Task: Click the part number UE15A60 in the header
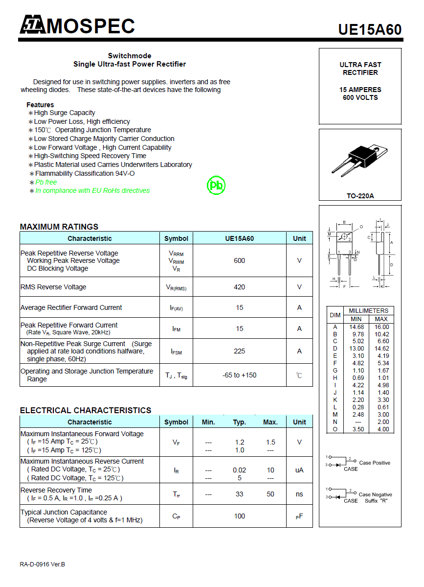(x=370, y=29)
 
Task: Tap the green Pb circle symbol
(x=216, y=185)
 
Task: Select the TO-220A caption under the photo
(x=360, y=196)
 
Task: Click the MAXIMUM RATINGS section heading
(x=59, y=227)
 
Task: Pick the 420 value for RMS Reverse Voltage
(x=239, y=287)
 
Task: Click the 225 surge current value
(x=239, y=351)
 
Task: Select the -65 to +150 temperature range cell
(x=239, y=375)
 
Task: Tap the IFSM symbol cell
(x=176, y=352)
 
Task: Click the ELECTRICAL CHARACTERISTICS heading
(x=86, y=410)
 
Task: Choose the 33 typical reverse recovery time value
(x=239, y=494)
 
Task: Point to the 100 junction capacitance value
(x=239, y=516)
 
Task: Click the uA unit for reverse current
(x=299, y=470)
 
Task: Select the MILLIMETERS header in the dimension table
(x=368, y=311)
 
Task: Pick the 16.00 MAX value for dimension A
(x=381, y=327)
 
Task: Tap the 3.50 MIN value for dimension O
(x=357, y=429)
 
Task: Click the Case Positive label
(x=375, y=463)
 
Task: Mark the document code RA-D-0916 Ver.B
(x=43, y=564)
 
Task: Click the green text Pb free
(x=46, y=182)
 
